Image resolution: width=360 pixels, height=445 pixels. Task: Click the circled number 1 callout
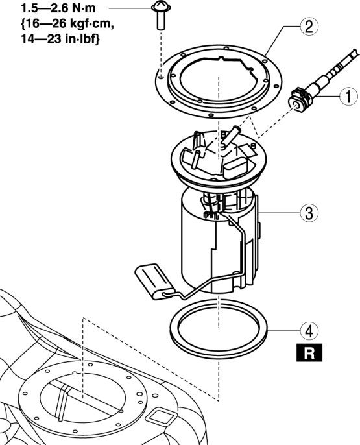[x=348, y=96]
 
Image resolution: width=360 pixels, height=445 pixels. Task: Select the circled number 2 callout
[x=309, y=27]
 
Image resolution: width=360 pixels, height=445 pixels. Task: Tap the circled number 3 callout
[x=309, y=213]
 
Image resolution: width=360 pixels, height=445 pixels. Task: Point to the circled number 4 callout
[x=309, y=331]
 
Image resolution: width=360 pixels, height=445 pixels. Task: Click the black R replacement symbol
[x=309, y=352]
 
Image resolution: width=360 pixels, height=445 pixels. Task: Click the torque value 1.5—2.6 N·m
[x=58, y=8]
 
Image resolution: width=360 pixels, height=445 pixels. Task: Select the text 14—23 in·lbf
[x=60, y=39]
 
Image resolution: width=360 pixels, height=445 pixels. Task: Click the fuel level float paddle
[x=154, y=281]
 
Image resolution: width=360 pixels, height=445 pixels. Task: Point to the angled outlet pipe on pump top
[x=231, y=136]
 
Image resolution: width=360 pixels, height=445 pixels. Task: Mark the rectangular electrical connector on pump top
[x=236, y=167]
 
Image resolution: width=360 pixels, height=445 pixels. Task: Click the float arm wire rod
[x=216, y=264]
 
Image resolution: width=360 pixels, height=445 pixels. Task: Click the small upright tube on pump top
[x=196, y=160]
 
